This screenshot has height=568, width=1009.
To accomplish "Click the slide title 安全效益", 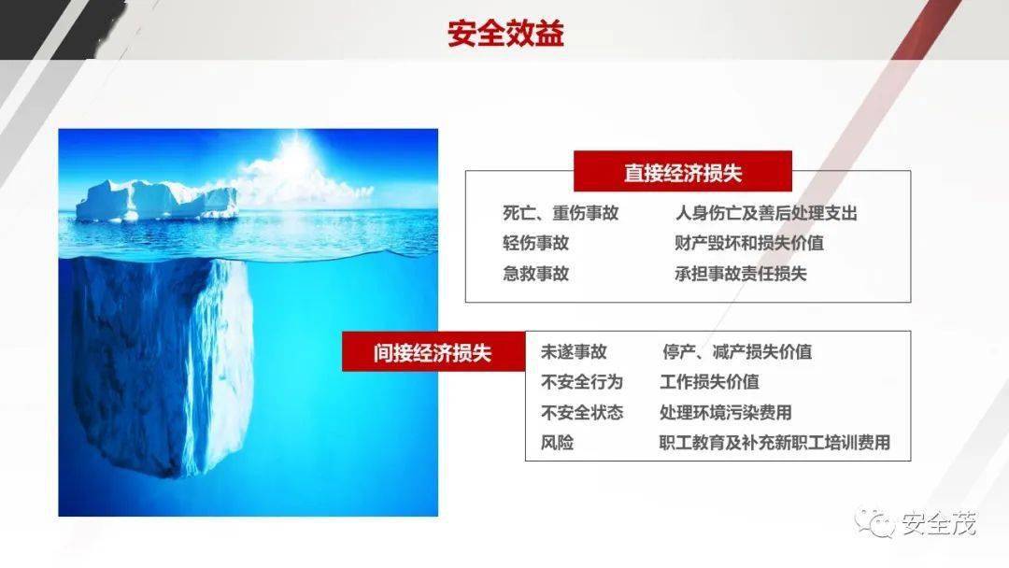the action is [505, 34].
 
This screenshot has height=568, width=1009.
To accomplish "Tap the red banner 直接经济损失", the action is [683, 171].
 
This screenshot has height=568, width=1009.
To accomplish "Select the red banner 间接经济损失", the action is [433, 351].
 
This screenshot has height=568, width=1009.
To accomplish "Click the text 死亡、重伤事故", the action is [561, 213].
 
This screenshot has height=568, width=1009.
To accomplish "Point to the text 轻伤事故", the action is [535, 243].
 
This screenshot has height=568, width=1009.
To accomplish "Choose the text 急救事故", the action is [535, 274].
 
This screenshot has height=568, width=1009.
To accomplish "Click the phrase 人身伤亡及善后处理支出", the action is [766, 213].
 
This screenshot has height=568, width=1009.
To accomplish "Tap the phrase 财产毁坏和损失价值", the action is [749, 243].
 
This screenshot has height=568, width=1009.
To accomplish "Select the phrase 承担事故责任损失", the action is [741, 274].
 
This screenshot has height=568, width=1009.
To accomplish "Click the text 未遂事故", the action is [574, 352].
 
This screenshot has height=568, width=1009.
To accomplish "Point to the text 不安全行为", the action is [582, 382].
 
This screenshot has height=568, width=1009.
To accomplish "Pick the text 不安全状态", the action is [582, 412].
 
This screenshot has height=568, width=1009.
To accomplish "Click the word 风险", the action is [557, 443].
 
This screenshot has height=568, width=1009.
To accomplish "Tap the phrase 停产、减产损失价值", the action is [737, 352].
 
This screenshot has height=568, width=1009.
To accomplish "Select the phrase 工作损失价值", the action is [710, 382].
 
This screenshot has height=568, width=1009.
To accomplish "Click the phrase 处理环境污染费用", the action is [726, 412].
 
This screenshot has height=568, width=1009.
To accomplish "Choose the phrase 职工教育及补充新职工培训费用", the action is [775, 443].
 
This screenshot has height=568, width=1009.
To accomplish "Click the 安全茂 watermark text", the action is [939, 523].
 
